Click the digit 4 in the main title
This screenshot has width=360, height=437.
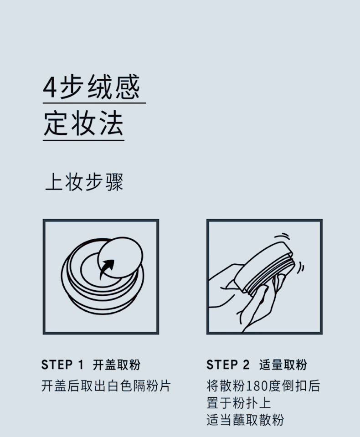click(x=50, y=87)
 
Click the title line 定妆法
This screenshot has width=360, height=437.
click(x=83, y=123)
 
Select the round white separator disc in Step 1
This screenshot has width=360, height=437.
click(x=120, y=257)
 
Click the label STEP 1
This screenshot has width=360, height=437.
click(x=62, y=365)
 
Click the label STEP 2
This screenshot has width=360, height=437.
click(x=228, y=365)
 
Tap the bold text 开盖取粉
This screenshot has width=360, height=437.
click(x=117, y=365)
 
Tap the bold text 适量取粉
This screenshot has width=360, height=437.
click(x=283, y=365)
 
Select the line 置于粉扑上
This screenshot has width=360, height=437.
click(x=238, y=403)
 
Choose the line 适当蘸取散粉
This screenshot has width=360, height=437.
click(x=245, y=420)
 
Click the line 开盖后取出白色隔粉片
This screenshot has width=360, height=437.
click(x=106, y=386)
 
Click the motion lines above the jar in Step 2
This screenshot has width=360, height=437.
click(x=282, y=236)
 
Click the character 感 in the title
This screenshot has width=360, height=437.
click(x=128, y=87)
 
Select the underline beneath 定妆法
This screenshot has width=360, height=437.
click(x=83, y=140)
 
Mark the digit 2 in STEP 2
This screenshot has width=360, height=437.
click(x=246, y=365)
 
